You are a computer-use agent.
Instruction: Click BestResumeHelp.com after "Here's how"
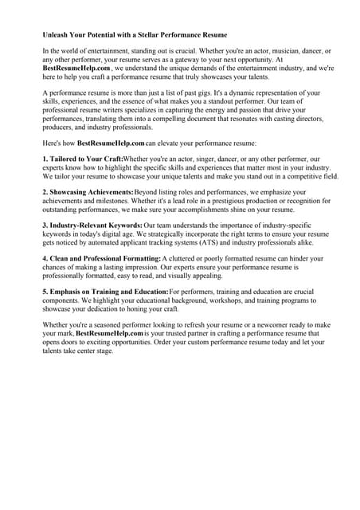111,143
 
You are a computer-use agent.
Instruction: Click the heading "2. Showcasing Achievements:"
88,193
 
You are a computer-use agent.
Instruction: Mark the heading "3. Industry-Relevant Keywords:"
92,226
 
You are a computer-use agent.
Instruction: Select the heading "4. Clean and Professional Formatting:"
100,260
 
